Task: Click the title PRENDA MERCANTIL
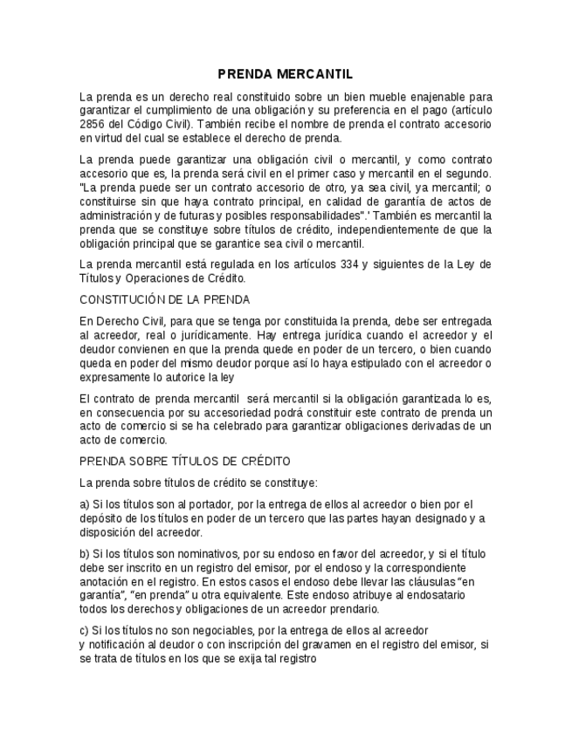coord(285,74)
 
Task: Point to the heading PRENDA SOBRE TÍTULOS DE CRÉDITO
coord(185,461)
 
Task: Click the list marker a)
coord(85,504)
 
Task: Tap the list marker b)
coord(85,553)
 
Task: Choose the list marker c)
coord(85,630)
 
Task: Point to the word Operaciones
coord(154,278)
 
